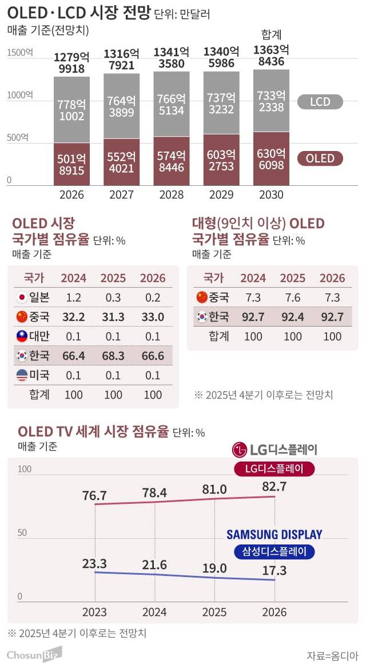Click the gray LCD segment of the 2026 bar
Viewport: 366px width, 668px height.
(x=71, y=109)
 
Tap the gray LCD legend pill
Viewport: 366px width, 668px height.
(x=320, y=102)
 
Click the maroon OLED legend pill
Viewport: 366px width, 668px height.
(x=320, y=158)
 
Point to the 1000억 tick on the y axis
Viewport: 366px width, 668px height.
(x=20, y=95)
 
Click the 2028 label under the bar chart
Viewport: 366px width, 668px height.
(x=171, y=194)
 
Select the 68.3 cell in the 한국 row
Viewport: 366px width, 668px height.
(x=113, y=356)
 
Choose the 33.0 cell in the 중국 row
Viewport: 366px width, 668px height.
(x=153, y=316)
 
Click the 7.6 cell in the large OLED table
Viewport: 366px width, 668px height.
(x=292, y=297)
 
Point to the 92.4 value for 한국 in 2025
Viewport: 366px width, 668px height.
(x=292, y=317)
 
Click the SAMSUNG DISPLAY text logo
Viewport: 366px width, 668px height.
(x=274, y=535)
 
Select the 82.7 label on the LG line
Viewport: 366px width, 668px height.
(x=274, y=487)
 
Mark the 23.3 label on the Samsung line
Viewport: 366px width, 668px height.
(x=95, y=563)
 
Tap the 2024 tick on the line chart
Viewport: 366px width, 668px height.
(x=154, y=613)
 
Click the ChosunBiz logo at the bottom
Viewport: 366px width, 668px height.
(x=34, y=654)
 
